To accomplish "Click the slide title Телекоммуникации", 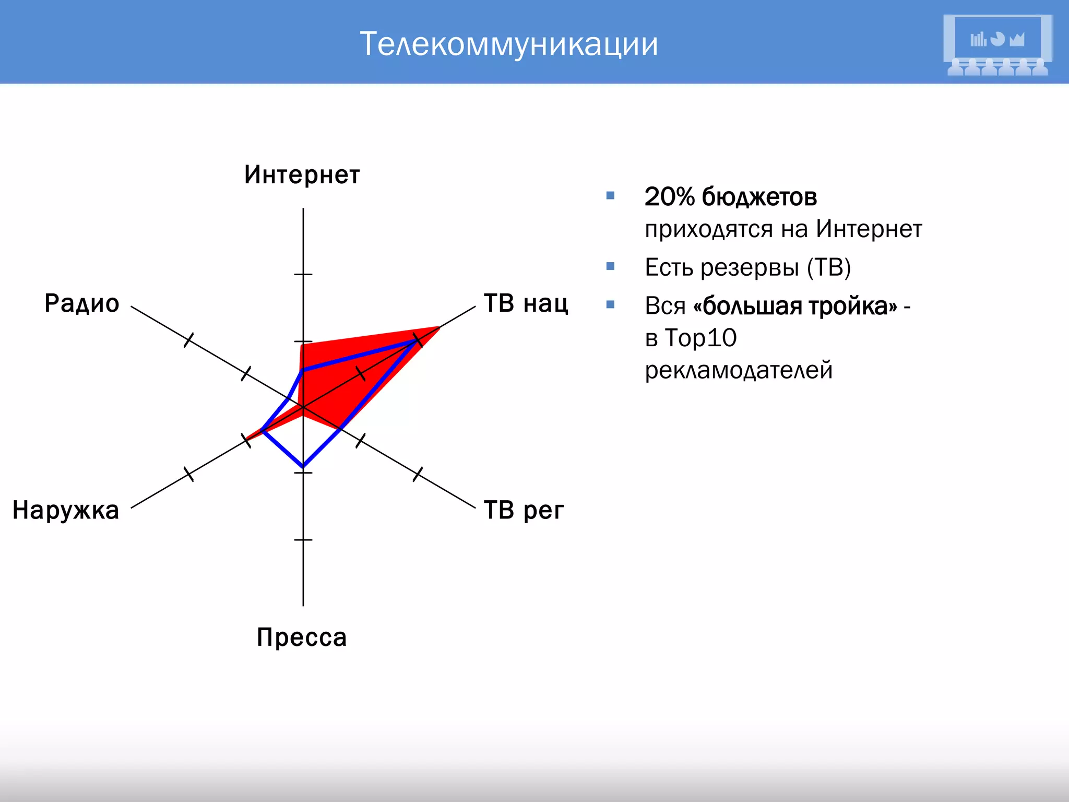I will click(x=509, y=44).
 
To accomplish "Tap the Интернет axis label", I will click(x=302, y=175).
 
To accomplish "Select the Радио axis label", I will click(x=82, y=303).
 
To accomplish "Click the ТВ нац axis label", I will click(x=526, y=303).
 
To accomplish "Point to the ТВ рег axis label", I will click(x=524, y=510).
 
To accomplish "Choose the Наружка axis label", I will click(x=66, y=510).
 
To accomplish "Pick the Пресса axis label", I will click(x=302, y=638).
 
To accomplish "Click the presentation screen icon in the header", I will click(x=997, y=45).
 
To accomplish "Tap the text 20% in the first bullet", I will click(x=670, y=197).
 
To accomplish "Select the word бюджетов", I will click(x=759, y=197).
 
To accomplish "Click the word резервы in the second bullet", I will click(x=749, y=268).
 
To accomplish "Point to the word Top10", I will click(x=700, y=338).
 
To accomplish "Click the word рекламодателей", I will click(x=739, y=370).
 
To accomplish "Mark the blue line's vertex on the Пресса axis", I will click(x=303, y=466).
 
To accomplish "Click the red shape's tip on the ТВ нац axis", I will click(x=438, y=328).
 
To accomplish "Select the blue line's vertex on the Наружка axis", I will click(x=262, y=431).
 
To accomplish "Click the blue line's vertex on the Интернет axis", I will click(x=303, y=370).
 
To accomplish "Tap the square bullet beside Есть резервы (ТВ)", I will click(x=610, y=266).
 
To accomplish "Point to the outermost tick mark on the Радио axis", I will click(x=189, y=340).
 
